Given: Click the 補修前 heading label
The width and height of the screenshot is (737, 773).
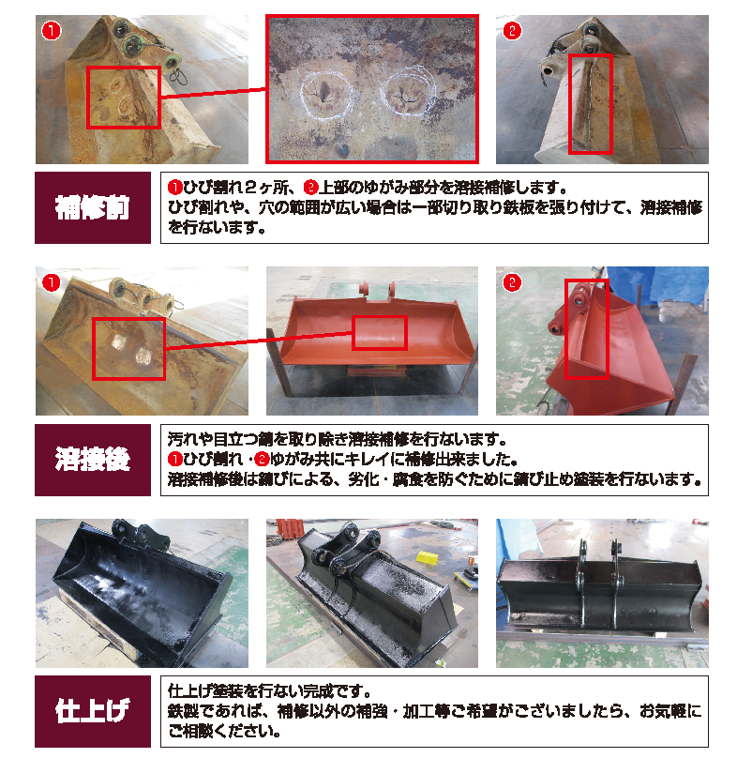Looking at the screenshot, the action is click(x=92, y=207).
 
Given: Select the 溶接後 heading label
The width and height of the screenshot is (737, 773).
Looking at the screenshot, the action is click(x=92, y=460).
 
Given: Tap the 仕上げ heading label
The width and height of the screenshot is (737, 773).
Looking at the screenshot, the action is click(x=92, y=711).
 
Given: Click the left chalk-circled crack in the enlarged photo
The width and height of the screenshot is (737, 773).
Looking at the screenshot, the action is click(x=326, y=94).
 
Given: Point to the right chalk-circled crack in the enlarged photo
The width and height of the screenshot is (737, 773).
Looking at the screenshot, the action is click(x=408, y=92).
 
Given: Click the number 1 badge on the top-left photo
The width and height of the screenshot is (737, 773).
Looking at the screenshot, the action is click(x=52, y=31).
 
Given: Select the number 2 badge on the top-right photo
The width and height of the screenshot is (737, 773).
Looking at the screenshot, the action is click(x=512, y=31).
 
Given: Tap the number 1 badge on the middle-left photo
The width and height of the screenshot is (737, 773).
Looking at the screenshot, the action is click(x=52, y=283).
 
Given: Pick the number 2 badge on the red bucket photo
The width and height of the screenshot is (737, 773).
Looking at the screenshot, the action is click(x=512, y=283).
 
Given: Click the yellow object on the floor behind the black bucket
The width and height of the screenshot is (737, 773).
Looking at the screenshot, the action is click(x=428, y=557).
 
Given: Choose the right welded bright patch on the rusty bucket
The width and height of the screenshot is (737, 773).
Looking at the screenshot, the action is click(x=143, y=354).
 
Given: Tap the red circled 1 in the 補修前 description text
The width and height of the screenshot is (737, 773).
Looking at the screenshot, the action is click(x=175, y=188).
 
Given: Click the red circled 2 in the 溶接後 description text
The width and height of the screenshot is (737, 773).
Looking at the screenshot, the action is click(x=262, y=460).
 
